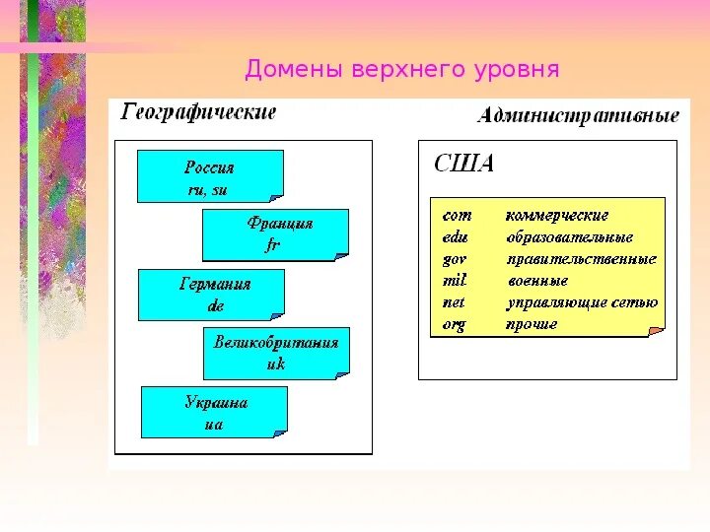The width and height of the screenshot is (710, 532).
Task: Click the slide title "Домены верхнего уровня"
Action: click(402, 70)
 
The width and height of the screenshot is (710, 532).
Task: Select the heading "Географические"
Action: click(198, 112)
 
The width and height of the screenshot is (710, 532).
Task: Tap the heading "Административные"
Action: click(578, 116)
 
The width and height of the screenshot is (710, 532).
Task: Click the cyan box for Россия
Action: click(210, 176)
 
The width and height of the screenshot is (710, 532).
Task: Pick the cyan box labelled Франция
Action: click(275, 234)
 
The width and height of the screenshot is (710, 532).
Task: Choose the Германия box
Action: click(211, 295)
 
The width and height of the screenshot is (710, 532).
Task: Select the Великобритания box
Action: click(276, 354)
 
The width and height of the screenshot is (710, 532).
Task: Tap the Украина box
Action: click(214, 412)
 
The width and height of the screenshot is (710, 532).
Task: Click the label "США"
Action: click(464, 165)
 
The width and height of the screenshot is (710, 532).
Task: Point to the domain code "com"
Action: click(458, 215)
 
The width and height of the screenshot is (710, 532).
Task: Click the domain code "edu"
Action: click(456, 237)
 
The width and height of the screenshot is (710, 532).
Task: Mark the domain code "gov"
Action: click(455, 259)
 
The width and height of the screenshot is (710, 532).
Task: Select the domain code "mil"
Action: click(454, 281)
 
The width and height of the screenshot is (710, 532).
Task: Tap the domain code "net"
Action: click(454, 302)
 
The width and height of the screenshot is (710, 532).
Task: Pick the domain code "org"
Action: click(454, 324)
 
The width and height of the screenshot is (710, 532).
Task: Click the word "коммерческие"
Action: click(557, 215)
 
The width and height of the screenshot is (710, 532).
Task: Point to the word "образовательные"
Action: click(570, 237)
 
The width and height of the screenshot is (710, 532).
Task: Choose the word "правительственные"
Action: click(582, 259)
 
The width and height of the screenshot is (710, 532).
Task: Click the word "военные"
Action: click(537, 281)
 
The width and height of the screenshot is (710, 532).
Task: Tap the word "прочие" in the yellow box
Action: click(532, 324)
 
